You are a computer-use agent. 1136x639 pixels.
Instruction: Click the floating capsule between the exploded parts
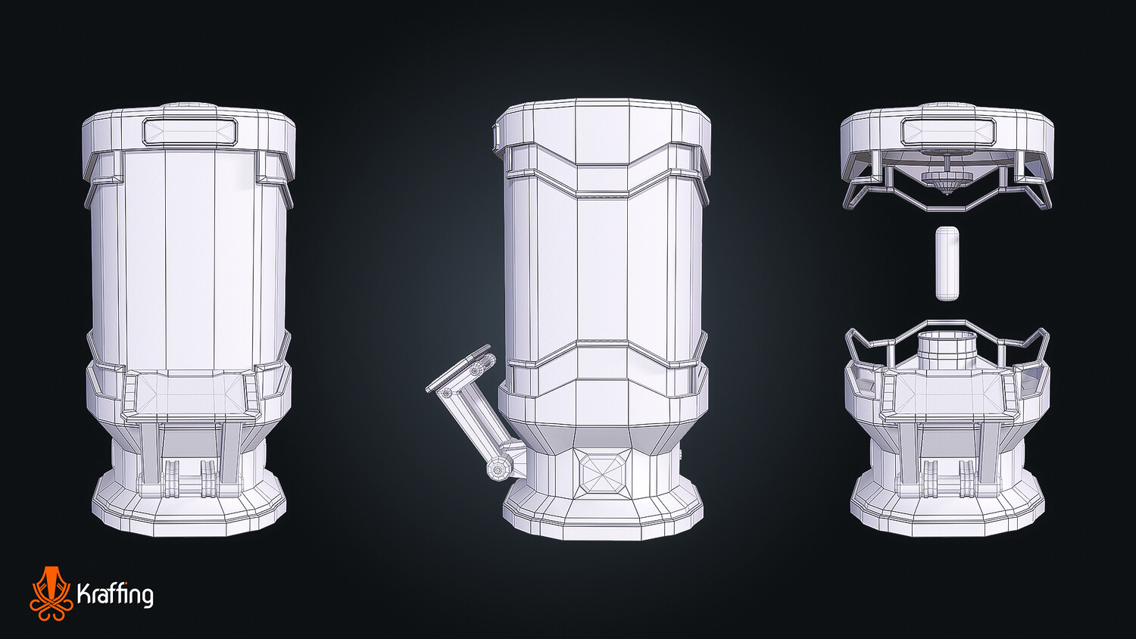(x=947, y=263)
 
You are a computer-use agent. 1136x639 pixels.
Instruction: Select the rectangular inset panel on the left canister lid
(x=189, y=131)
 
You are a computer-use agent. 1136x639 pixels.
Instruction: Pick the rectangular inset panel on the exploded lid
(x=948, y=129)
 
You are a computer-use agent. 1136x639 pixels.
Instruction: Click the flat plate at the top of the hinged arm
(x=458, y=368)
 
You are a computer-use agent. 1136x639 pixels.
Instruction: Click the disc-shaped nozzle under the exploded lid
(x=947, y=177)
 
